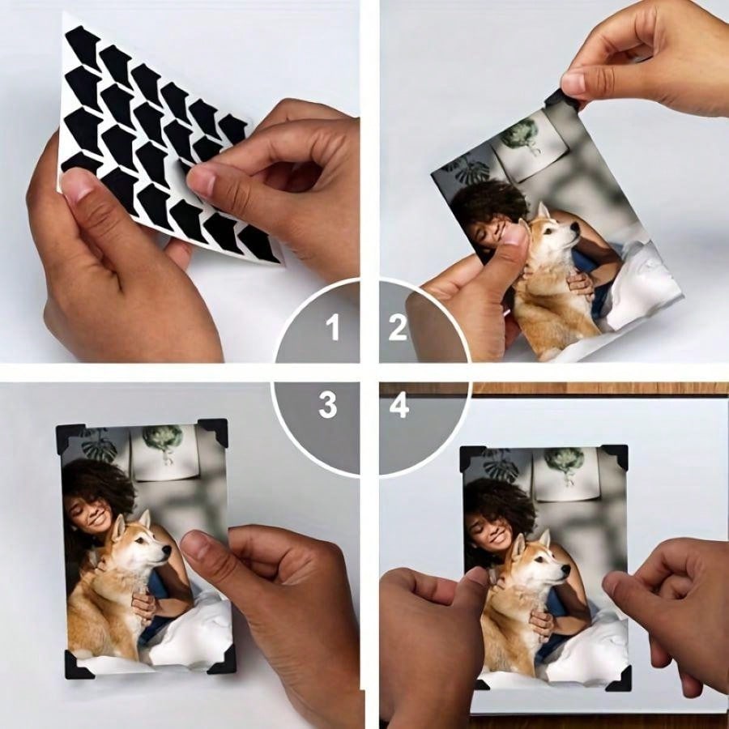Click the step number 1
click(x=332, y=328)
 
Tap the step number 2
click(x=398, y=328)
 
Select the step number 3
click(x=327, y=405)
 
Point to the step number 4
click(x=399, y=405)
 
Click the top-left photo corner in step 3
click(x=67, y=436)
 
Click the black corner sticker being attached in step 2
click(x=561, y=99)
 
